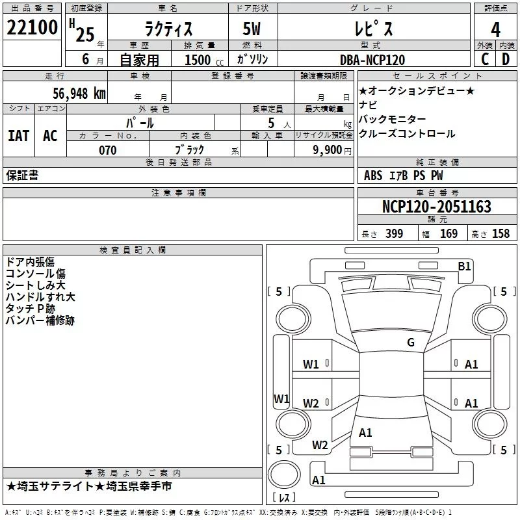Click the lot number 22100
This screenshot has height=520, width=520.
tap(32, 29)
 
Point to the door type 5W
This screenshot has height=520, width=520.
tap(253, 29)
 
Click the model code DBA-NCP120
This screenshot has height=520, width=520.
tap(372, 60)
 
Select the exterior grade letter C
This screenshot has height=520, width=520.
tap(484, 59)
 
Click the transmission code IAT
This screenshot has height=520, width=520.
tap(18, 135)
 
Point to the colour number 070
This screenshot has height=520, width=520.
tap(107, 150)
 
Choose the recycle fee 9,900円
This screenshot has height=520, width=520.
tap(331, 150)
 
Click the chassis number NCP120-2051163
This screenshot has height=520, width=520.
tap(436, 207)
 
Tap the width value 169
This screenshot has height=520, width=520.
tap(448, 234)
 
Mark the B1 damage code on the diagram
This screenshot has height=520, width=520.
tap(464, 265)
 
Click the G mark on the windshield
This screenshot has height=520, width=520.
tap(411, 343)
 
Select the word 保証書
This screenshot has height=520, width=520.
tap(22, 175)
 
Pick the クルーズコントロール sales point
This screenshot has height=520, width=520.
tap(407, 133)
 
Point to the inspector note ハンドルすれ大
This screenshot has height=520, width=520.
tap(40, 297)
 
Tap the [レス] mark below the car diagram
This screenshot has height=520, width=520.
tap(284, 498)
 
